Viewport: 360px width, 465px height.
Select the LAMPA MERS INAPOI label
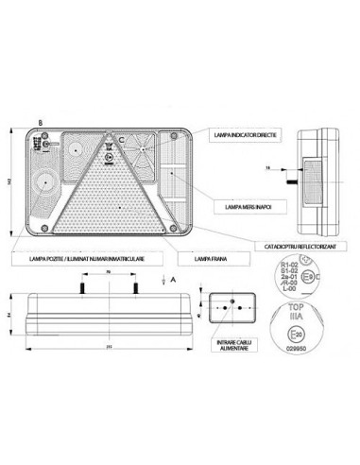242,204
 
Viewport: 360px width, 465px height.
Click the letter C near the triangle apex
122,139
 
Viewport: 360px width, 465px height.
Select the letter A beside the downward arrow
175,280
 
